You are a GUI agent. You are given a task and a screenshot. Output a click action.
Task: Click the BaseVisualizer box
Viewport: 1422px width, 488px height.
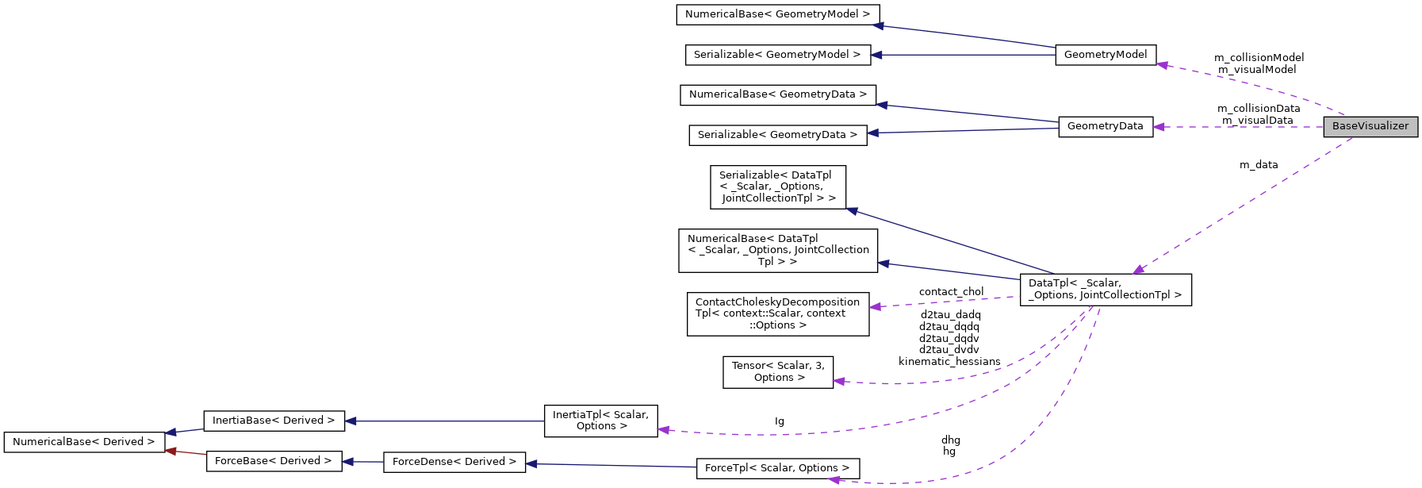1370,126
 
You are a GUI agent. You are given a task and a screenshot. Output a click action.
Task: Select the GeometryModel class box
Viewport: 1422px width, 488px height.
1106,55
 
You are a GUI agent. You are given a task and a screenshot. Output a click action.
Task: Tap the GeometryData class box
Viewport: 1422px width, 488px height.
1106,126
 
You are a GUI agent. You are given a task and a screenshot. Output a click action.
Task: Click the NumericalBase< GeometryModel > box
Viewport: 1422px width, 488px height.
777,14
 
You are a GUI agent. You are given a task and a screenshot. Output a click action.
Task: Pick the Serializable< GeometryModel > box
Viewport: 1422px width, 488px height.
777,55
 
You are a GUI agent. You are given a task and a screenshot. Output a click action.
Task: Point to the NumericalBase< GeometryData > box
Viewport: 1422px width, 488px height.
778,94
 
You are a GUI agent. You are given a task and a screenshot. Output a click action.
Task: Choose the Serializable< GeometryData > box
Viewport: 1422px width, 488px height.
777,135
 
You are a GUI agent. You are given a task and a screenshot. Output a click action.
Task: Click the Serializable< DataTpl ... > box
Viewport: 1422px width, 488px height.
778,186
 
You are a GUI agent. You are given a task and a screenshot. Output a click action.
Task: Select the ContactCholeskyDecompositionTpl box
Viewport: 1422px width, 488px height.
778,313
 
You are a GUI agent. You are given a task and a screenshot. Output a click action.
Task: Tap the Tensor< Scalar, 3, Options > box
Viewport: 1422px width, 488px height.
778,371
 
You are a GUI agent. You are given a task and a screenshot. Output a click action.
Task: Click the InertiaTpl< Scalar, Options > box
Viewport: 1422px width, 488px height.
600,421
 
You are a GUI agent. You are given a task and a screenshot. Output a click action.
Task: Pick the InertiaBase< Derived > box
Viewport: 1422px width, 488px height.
274,421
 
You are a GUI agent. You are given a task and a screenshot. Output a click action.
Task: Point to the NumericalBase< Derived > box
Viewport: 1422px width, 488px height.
84,442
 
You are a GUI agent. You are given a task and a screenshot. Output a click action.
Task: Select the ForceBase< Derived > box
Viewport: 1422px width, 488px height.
274,461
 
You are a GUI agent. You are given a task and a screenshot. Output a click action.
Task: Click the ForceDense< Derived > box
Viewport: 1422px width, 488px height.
454,462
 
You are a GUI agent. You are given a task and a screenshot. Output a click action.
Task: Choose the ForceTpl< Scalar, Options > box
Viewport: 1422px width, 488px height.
777,468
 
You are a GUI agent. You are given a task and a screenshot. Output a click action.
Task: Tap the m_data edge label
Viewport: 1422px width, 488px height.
1259,165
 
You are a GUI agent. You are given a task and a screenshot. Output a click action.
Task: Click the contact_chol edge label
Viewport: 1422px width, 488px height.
951,292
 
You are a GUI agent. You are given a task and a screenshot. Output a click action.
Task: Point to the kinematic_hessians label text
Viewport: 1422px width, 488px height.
949,362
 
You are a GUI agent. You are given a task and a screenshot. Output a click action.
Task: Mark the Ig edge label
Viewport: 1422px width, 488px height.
780,421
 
